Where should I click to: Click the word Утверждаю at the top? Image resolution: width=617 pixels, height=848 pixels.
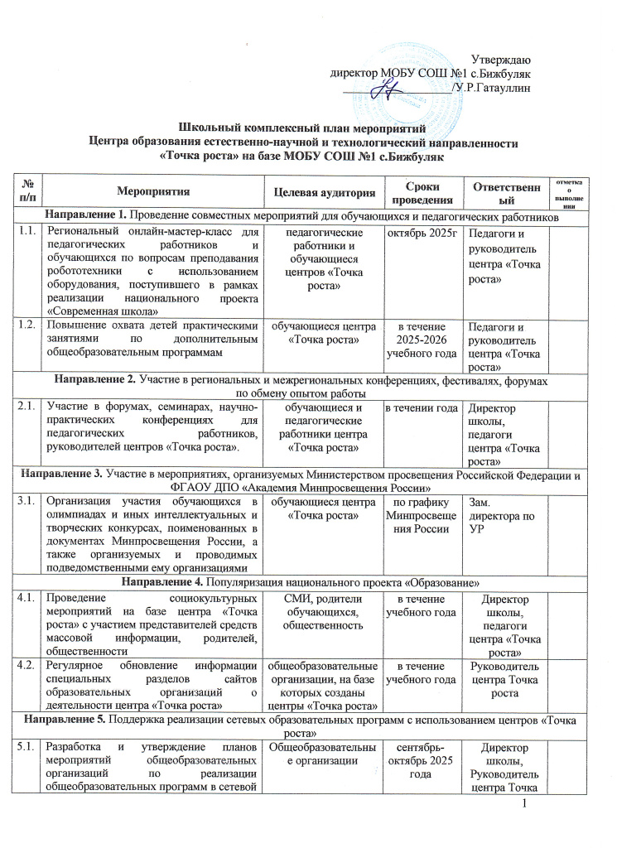pyautogui.click(x=501, y=60)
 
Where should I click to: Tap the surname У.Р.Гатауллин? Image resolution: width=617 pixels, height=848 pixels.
pyautogui.click(x=497, y=87)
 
